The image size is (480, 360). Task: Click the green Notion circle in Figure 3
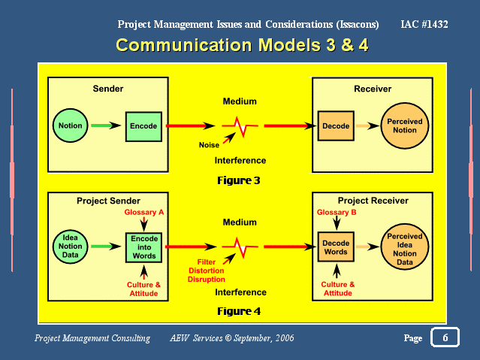(x=70, y=126)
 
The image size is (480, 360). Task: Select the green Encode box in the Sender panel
(x=143, y=126)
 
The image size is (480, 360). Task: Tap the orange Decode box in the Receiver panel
(x=336, y=126)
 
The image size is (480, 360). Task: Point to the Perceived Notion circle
(x=405, y=126)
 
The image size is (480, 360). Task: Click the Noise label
(x=209, y=145)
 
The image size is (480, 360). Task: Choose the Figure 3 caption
(x=239, y=180)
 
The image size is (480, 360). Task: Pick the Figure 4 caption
(x=239, y=311)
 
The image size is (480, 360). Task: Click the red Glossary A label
(x=144, y=212)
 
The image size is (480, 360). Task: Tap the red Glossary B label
(x=337, y=213)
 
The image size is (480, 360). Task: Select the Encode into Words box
(x=143, y=247)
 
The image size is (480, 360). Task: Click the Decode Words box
(x=336, y=247)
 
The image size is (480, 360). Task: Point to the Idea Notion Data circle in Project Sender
(x=70, y=247)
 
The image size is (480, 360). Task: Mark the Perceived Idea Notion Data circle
(x=405, y=247)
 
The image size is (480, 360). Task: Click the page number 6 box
(x=445, y=337)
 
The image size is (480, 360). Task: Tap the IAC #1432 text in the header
(x=424, y=24)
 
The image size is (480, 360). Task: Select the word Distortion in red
(x=207, y=271)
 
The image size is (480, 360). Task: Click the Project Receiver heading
(x=373, y=201)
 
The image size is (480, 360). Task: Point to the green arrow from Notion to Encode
(x=106, y=126)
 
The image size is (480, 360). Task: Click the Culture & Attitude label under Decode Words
(x=338, y=289)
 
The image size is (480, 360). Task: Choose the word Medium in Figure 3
(x=240, y=101)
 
